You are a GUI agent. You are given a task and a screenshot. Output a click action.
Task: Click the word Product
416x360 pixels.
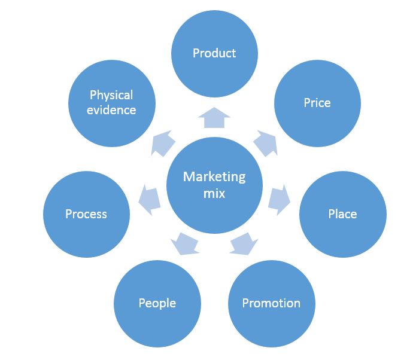click(x=214, y=53)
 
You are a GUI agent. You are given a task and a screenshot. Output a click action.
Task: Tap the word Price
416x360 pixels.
click(x=317, y=103)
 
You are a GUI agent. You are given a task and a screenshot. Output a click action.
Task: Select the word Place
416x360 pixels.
click(x=342, y=213)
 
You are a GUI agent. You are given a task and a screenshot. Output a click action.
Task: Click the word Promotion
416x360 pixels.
click(x=271, y=303)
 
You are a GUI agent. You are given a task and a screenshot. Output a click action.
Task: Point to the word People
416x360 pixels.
click(x=157, y=303)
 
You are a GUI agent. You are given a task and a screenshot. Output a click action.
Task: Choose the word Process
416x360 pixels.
click(x=86, y=213)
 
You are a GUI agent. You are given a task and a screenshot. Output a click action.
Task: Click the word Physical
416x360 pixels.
click(x=111, y=95)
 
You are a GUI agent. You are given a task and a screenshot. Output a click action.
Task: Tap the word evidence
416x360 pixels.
click(x=111, y=109)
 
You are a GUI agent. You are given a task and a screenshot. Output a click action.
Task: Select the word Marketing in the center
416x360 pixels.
click(x=214, y=177)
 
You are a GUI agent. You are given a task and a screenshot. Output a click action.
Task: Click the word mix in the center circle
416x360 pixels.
click(x=214, y=194)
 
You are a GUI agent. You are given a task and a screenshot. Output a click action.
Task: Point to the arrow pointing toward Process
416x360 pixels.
click(x=150, y=199)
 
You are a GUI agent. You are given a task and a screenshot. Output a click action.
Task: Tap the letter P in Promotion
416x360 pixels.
click(x=245, y=303)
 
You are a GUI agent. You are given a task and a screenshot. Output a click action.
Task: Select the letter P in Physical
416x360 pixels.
click(x=93, y=95)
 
